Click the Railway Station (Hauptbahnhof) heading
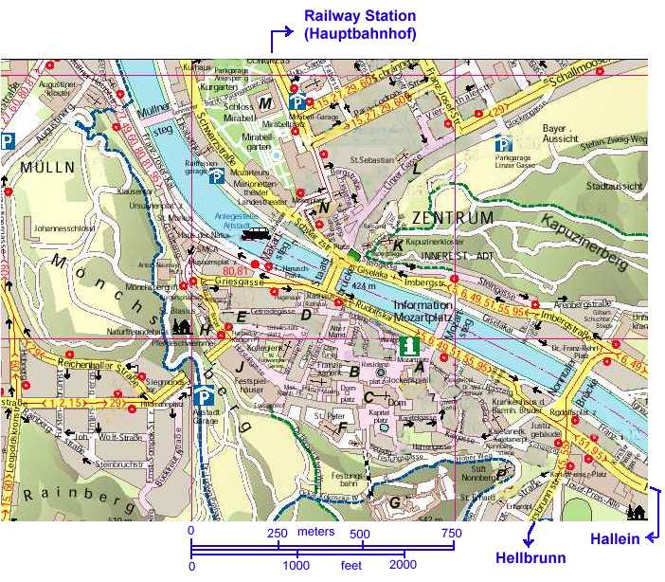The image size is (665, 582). [359, 26]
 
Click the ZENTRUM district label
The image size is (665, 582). [453, 219]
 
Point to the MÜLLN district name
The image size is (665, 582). [41, 168]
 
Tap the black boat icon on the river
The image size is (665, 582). [255, 233]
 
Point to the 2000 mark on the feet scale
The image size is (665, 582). [404, 565]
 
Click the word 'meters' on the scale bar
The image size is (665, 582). [315, 532]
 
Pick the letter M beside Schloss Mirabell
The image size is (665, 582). [266, 103]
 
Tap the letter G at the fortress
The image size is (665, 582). [394, 502]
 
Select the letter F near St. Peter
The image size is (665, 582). [341, 426]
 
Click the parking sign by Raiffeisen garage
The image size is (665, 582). [216, 176]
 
